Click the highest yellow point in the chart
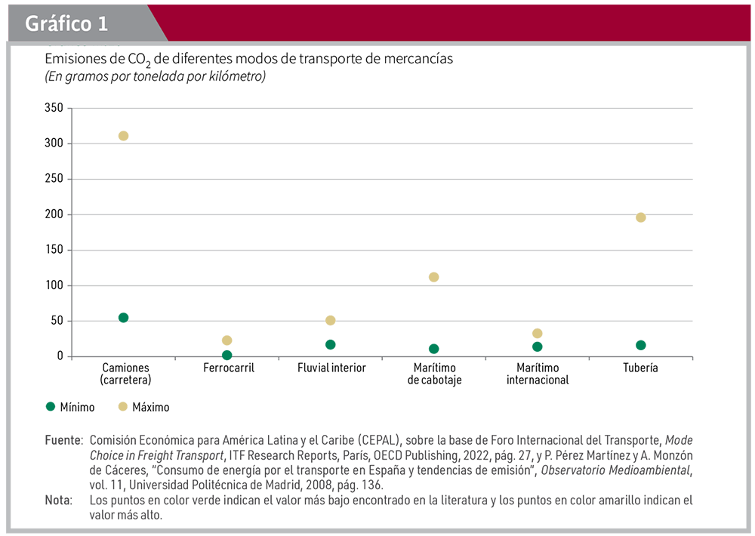tap(123, 136)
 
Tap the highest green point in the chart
tap(123, 318)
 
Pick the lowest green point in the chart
tap(226, 355)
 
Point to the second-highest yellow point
tap(640, 217)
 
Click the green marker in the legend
tap(51, 406)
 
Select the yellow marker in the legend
tap(122, 406)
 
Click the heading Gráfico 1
tap(66, 24)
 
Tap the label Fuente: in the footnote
tap(63, 439)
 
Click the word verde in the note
tap(199, 501)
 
